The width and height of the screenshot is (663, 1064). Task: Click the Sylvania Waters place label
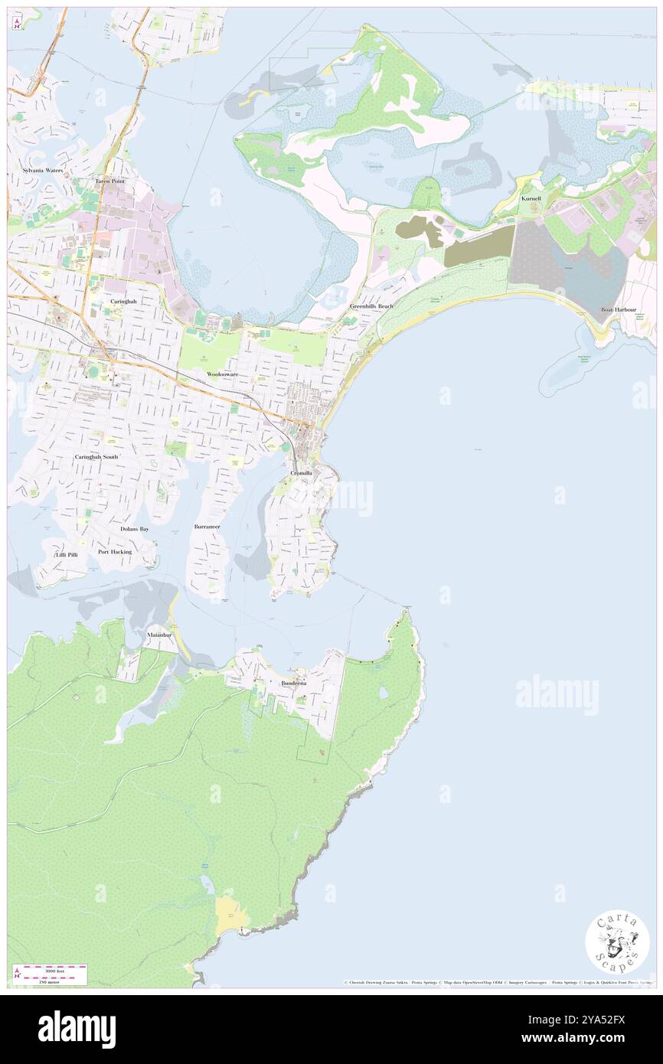click(32, 170)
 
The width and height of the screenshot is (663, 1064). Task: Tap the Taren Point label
click(110, 181)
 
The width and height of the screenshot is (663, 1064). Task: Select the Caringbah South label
click(96, 457)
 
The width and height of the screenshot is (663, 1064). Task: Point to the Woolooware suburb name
click(223, 374)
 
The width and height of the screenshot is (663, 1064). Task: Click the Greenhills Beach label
click(372, 306)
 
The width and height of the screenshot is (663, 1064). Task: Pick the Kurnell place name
click(531, 198)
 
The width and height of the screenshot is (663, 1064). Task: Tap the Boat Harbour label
click(619, 309)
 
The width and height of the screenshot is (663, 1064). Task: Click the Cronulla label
click(301, 474)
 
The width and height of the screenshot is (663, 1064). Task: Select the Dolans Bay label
click(135, 529)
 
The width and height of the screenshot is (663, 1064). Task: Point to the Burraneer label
click(207, 527)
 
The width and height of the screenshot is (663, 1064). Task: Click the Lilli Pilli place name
click(67, 554)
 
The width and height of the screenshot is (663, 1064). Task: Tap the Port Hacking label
click(115, 551)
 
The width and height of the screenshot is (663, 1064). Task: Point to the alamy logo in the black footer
click(77, 1029)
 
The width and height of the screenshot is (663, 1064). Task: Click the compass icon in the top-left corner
click(17, 24)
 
